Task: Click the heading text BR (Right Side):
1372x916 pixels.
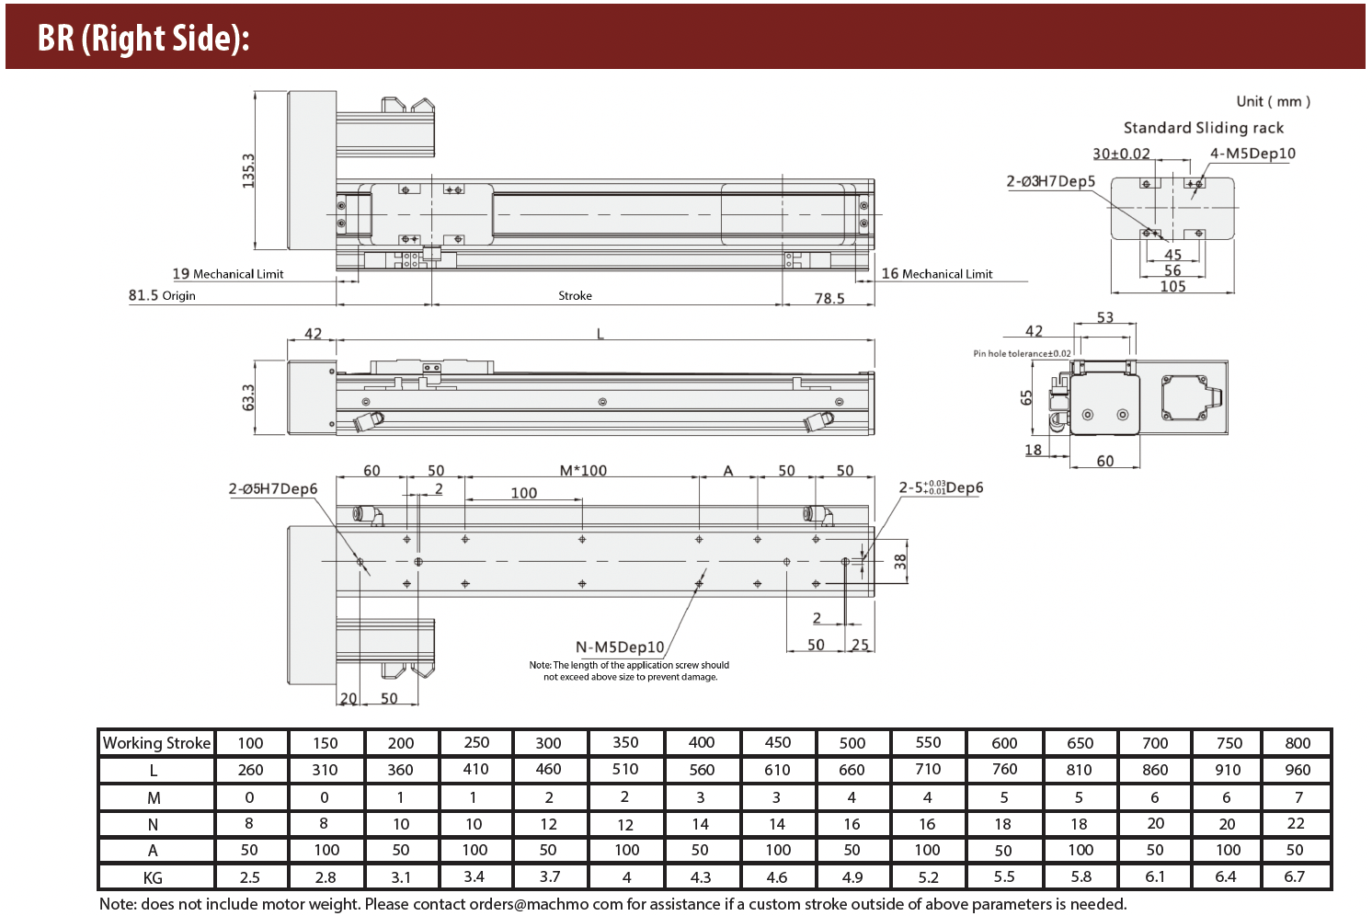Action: pyautogui.click(x=143, y=38)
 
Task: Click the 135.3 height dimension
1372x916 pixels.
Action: pyautogui.click(x=248, y=170)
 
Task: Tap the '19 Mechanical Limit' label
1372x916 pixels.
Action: pyautogui.click(x=228, y=273)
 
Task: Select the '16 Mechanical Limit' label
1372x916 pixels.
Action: pyautogui.click(x=937, y=273)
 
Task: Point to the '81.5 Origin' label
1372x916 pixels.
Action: pyautogui.click(x=162, y=295)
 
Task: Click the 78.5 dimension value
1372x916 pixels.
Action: pyautogui.click(x=829, y=298)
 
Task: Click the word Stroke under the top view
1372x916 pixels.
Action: pyautogui.click(x=575, y=295)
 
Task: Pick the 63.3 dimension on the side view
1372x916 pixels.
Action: pyautogui.click(x=248, y=397)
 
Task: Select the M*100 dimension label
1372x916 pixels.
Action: pyautogui.click(x=583, y=470)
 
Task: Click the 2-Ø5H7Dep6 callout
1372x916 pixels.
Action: pyautogui.click(x=273, y=488)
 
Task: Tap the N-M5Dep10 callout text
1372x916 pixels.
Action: pyautogui.click(x=619, y=647)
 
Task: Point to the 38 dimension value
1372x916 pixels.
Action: pyautogui.click(x=900, y=561)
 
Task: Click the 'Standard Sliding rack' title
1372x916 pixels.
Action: pyautogui.click(x=1203, y=128)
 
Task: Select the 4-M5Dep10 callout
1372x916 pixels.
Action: pyautogui.click(x=1252, y=154)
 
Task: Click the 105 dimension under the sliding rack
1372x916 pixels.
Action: pyautogui.click(x=1172, y=286)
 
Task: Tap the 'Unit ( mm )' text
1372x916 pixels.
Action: pyautogui.click(x=1273, y=101)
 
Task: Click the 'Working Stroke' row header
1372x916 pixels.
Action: pyautogui.click(x=156, y=742)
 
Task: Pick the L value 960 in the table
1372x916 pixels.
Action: pyautogui.click(x=1297, y=770)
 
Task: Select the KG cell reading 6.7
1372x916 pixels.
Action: pyautogui.click(x=1295, y=876)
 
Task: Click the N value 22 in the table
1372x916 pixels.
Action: pyautogui.click(x=1296, y=823)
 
